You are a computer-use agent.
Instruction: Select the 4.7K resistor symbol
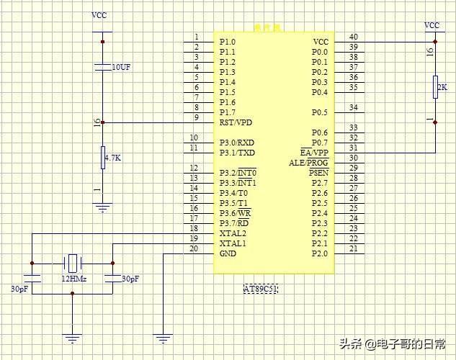103,157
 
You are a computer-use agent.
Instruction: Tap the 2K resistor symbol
436,86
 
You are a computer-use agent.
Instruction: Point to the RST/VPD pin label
236,122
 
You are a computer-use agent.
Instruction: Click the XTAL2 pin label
233,233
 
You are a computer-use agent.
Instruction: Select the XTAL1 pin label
233,243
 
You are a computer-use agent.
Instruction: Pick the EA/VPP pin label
314,153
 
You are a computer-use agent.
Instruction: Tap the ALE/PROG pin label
308,163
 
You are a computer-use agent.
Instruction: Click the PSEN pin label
318,173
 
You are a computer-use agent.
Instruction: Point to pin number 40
353,37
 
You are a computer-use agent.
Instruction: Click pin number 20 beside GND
193,249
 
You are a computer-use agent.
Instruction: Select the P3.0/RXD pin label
237,143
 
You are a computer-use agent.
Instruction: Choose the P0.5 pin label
320,112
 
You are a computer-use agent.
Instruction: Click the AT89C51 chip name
261,289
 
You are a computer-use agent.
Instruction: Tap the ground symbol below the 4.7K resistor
103,208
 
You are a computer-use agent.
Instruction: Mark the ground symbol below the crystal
73,336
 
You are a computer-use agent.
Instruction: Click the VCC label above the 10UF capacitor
99,15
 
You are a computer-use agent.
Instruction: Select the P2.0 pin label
320,253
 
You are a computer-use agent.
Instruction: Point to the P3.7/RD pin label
235,223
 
